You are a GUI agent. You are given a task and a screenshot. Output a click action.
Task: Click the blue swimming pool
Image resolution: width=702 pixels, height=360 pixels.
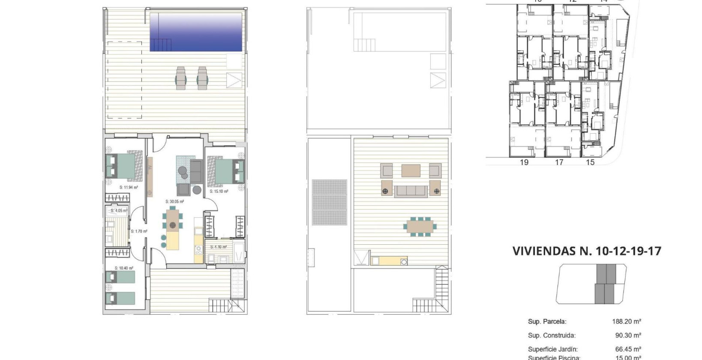pyautogui.click(x=196, y=32)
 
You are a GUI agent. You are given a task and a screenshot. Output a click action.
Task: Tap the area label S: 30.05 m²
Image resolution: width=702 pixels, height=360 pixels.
pyautogui.click(x=175, y=201)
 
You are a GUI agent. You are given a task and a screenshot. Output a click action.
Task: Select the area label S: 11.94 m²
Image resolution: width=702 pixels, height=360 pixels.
pyautogui.click(x=129, y=187)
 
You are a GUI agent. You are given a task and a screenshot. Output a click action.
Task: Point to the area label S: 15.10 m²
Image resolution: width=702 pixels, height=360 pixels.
pyautogui.click(x=219, y=192)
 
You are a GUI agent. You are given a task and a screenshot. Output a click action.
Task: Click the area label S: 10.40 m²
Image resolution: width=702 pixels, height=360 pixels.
pyautogui.click(x=124, y=268)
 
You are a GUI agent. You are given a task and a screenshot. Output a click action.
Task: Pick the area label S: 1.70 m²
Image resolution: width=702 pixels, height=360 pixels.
pyautogui.click(x=139, y=231)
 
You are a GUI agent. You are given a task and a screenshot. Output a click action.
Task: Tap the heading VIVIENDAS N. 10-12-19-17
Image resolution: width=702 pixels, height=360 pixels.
pyautogui.click(x=587, y=251)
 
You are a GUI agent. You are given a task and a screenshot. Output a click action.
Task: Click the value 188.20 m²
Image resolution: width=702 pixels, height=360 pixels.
pyautogui.click(x=627, y=321)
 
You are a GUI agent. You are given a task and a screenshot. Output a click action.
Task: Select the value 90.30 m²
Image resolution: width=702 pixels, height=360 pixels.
pyautogui.click(x=628, y=336)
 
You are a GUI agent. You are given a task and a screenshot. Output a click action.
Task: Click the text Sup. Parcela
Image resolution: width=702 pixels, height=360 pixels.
pyautogui.click(x=547, y=321)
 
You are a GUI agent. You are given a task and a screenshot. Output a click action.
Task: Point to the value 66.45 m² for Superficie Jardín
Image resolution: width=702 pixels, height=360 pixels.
pyautogui.click(x=628, y=350)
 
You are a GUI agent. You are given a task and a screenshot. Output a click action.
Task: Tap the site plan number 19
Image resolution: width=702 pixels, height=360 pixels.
pyautogui.click(x=524, y=162)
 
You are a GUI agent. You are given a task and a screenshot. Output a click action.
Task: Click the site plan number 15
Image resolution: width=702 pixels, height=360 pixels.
pyautogui.click(x=590, y=162)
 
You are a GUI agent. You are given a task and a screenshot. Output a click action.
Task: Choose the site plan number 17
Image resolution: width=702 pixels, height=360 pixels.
pyautogui.click(x=559, y=162)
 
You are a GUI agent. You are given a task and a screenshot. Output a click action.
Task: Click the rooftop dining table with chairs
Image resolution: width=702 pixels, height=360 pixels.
pyautogui.click(x=420, y=226)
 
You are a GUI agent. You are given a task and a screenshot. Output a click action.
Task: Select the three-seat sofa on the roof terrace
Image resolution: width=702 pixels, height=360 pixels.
pyautogui.click(x=411, y=191)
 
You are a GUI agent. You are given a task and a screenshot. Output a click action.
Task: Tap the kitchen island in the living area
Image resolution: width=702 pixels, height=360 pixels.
pyautogui.click(x=173, y=240)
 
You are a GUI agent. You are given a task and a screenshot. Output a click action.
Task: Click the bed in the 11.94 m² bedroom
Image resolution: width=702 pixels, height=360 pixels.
pyautogui.click(x=124, y=166)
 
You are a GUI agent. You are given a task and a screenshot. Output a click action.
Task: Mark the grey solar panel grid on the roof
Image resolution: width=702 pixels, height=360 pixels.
pyautogui.click(x=329, y=202)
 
